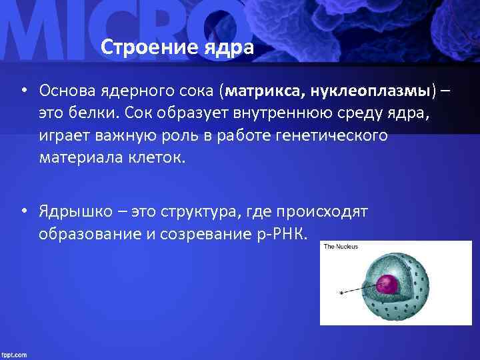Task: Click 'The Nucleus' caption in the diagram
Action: pyautogui.click(x=341, y=247)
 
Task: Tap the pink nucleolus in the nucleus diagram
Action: pyautogui.click(x=387, y=285)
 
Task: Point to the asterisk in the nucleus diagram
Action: pyautogui.click(x=341, y=293)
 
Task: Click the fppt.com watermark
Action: pyautogui.click(x=14, y=354)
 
